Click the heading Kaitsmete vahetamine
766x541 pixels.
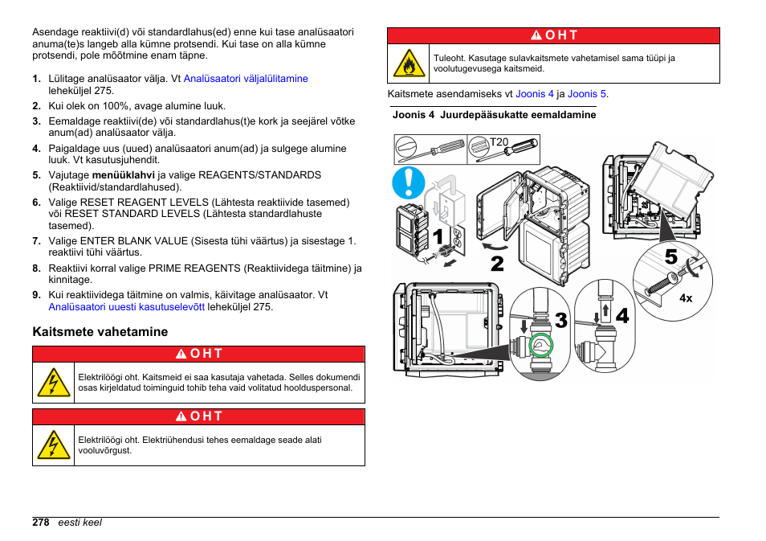(x=100, y=331)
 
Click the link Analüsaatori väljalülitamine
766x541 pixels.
(x=246, y=79)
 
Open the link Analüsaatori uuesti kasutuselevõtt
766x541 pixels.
(x=128, y=307)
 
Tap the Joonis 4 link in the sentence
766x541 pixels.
(x=535, y=94)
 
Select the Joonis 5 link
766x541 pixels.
(x=586, y=94)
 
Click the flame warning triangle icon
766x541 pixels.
(x=409, y=64)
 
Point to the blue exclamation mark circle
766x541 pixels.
(x=409, y=182)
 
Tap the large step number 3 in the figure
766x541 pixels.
(x=560, y=320)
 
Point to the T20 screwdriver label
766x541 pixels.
(x=499, y=142)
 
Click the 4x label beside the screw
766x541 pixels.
(x=686, y=297)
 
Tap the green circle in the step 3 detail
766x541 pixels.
(x=542, y=346)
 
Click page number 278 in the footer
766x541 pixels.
(x=41, y=523)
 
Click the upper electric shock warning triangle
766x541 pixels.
(x=54, y=383)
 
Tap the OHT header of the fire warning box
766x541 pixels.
(x=554, y=36)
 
